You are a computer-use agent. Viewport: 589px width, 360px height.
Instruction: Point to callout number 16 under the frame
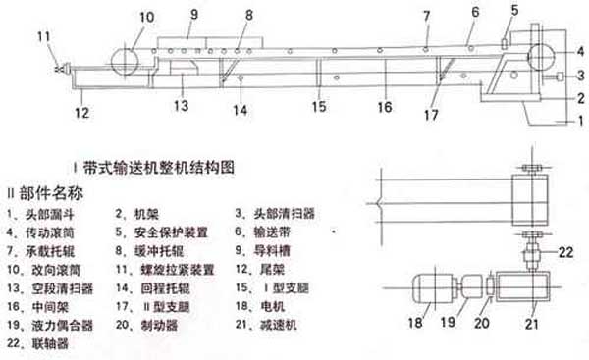tap(383, 105)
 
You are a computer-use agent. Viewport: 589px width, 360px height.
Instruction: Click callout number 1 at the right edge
tap(579, 122)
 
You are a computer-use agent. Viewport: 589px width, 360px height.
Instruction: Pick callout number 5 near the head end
tap(512, 10)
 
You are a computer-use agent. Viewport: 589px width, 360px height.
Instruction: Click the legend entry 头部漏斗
tap(54, 211)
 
